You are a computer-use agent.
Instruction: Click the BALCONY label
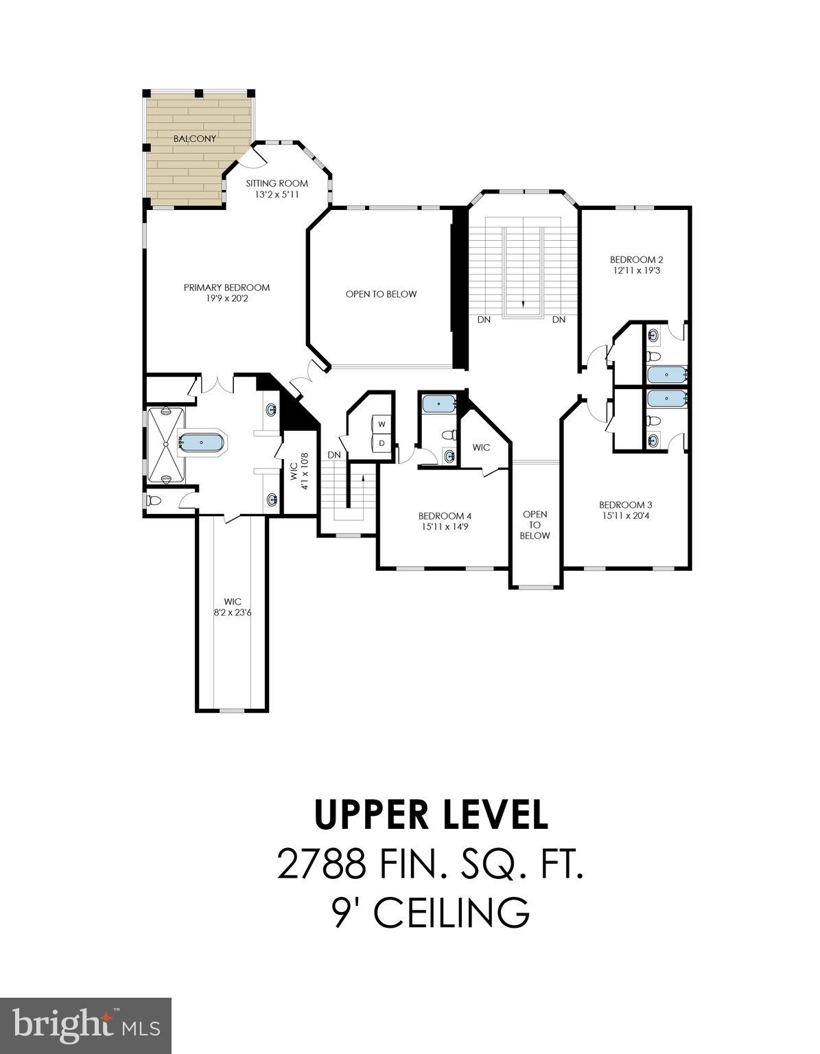coord(194,139)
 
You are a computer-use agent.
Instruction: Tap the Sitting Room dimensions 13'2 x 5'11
coord(277,195)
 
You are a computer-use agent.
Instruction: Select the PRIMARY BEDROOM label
coord(226,288)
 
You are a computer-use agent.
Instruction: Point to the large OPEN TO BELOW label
coord(381,294)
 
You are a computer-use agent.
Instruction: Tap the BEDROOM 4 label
coord(445,516)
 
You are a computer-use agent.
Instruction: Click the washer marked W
coord(382,424)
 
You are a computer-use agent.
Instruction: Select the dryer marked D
coord(382,443)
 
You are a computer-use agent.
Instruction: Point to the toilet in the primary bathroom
coord(154,501)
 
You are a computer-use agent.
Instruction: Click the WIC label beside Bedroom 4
coord(481,447)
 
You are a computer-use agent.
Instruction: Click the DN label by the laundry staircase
coord(334,455)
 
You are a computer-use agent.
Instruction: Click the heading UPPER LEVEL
coord(431,815)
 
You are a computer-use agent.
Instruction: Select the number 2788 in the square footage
coord(320,864)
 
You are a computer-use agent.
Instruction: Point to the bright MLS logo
coord(86,1026)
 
